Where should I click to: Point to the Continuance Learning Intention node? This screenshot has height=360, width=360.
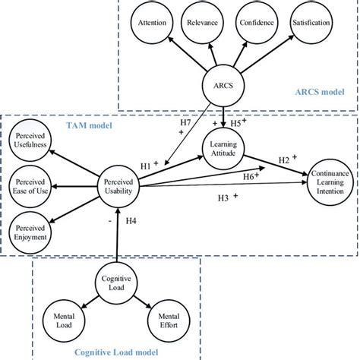coord(330,182)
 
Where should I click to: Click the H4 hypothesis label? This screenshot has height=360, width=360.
coord(131,222)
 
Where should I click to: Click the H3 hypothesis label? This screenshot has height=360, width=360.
coord(224,199)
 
